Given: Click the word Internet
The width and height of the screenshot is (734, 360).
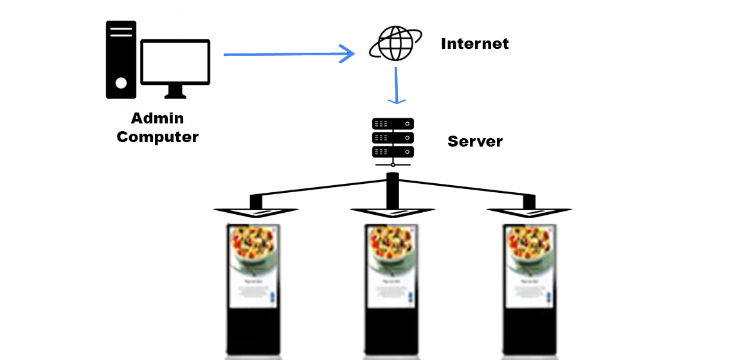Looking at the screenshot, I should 474,44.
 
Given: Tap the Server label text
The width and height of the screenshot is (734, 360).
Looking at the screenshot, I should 475,141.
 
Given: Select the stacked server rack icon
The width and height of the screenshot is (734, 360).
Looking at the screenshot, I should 393,138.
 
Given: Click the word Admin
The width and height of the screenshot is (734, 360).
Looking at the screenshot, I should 157,118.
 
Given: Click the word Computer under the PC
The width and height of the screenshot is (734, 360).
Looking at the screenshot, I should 157,137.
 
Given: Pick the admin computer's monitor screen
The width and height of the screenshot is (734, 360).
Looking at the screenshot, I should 175,62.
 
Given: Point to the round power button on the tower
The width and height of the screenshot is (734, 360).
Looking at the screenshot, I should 121,82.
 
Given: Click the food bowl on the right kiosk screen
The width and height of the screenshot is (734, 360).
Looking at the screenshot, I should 528,251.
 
